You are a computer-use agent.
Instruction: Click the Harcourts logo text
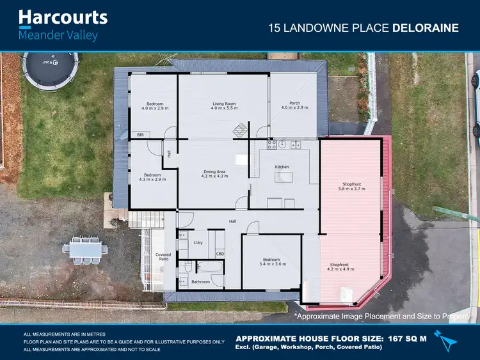coord(63,17)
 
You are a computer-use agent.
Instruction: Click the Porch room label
coord(294,106)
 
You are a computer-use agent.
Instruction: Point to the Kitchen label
coord(282,166)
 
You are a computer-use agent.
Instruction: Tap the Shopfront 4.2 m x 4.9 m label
coord(339,267)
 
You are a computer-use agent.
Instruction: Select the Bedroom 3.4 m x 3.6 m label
coord(272,262)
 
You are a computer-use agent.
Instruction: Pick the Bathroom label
coord(200,281)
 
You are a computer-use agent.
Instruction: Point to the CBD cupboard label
coord(220,254)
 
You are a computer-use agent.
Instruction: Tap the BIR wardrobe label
coord(140,135)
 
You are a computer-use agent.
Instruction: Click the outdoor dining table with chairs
coord(86,250)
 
